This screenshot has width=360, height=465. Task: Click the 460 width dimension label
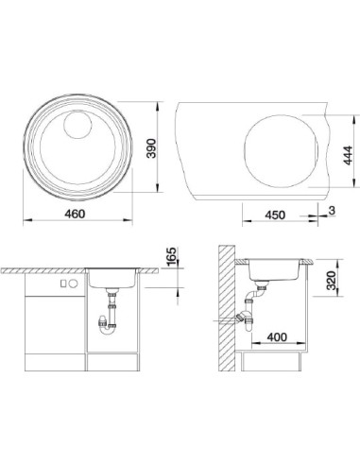click(x=75, y=214)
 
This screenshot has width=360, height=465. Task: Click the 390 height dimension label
click(x=151, y=148)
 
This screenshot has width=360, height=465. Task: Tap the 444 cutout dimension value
click(x=348, y=155)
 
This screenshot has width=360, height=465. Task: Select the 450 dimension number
click(x=275, y=215)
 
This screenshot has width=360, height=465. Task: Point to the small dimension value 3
click(x=332, y=211)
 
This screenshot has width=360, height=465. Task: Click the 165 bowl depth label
click(x=171, y=257)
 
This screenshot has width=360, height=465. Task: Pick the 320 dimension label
click(x=332, y=281)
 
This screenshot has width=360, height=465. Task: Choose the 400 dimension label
click(x=277, y=337)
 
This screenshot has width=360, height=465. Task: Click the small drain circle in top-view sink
click(x=77, y=125)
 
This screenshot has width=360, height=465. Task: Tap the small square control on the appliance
click(x=63, y=284)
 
